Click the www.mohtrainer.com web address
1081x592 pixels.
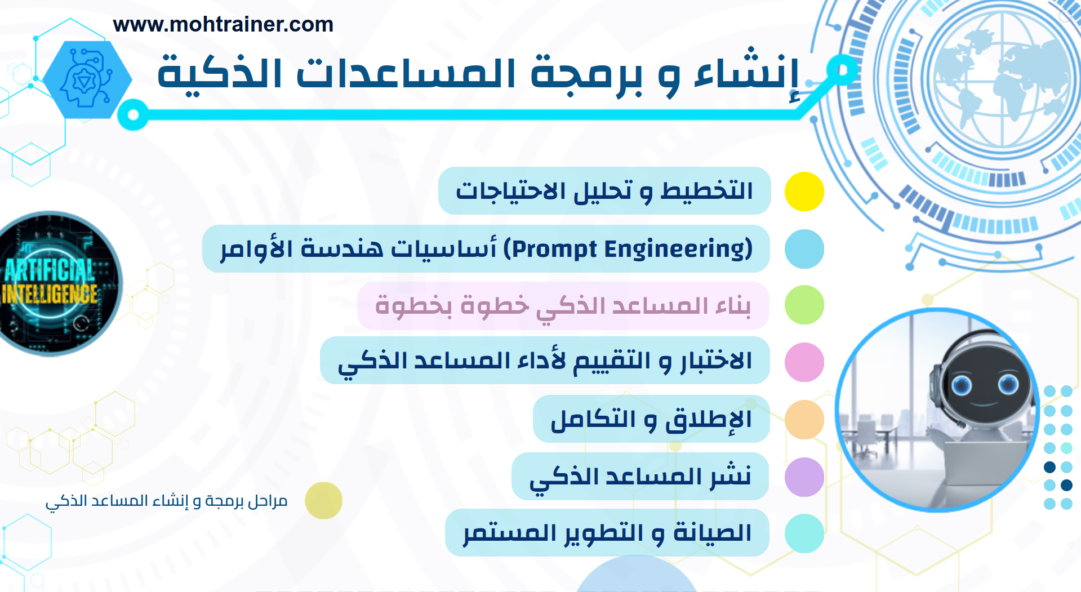[223, 25]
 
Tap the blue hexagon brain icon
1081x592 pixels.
[87, 79]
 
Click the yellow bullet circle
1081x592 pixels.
[804, 192]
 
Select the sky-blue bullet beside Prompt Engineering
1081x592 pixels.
[804, 249]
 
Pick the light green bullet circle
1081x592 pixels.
[804, 305]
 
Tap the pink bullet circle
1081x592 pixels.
[804, 362]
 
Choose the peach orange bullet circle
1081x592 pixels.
[804, 420]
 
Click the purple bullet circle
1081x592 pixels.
[804, 477]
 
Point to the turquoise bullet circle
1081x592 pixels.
[804, 533]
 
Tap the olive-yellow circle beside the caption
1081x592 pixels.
[323, 500]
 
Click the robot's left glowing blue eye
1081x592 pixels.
[962, 386]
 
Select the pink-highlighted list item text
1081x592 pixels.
[563, 306]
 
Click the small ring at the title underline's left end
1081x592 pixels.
[134, 115]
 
